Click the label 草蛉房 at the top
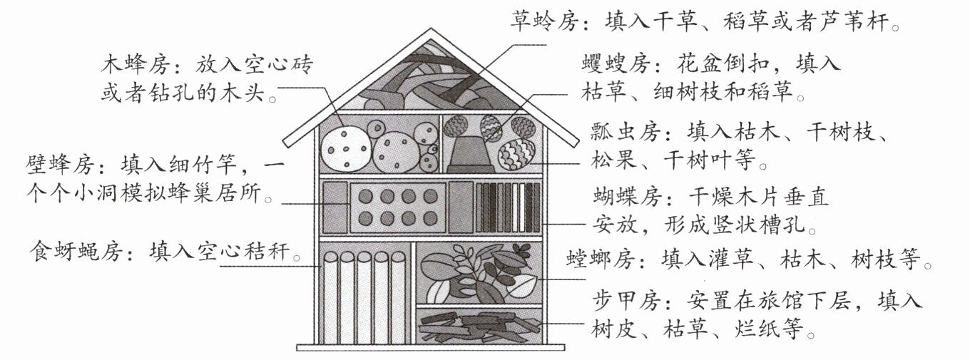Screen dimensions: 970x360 click(544, 21)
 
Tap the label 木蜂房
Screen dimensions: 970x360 click(135, 65)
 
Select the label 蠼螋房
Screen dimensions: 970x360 click(616, 64)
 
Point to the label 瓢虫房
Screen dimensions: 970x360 click(626, 132)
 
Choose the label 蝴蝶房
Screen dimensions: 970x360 click(627, 197)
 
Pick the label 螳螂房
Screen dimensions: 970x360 click(601, 259)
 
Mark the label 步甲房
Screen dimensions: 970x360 click(626, 301)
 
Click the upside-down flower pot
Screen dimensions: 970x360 click(470, 153)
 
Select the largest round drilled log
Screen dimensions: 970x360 click(346, 149)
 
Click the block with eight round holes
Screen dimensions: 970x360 click(398, 207)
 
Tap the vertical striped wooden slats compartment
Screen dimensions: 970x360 click(508, 207)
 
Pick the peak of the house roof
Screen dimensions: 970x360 click(431, 29)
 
